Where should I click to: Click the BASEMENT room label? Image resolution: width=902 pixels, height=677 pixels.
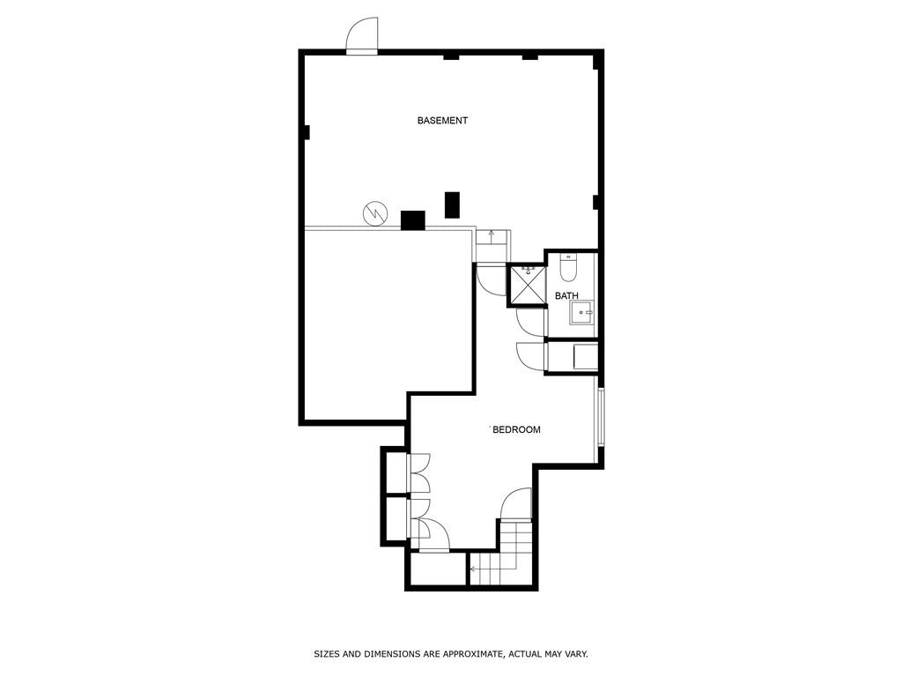[442, 121]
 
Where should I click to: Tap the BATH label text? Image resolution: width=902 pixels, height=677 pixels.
[566, 296]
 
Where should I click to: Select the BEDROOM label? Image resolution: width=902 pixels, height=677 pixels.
[516, 430]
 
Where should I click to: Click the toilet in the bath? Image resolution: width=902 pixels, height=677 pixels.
[568, 267]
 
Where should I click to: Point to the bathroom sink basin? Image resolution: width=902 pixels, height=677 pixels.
[582, 312]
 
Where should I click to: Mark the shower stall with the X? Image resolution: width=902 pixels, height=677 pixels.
[528, 284]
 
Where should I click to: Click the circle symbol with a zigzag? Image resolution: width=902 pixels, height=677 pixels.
[374, 212]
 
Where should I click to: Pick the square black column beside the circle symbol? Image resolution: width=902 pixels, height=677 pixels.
[413, 220]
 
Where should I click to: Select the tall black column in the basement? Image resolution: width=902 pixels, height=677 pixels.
[452, 205]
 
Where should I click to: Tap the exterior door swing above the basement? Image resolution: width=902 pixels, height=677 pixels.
[361, 37]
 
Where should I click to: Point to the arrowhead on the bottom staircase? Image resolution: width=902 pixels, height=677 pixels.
[473, 569]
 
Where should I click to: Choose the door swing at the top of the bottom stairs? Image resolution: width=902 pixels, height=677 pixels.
[518, 504]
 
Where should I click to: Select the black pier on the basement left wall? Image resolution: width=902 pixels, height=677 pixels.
[307, 133]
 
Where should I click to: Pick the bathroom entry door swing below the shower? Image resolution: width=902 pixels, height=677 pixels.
[530, 324]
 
